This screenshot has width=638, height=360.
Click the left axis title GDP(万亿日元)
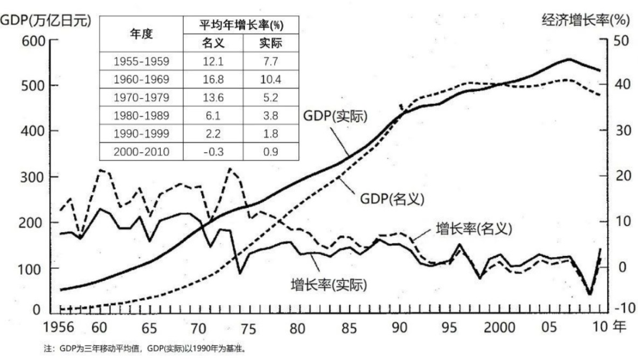pyautogui.click(x=46, y=20)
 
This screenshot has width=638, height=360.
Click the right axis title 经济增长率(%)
pyautogui.click(x=585, y=20)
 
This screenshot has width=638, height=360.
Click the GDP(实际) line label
pyautogui.click(x=336, y=116)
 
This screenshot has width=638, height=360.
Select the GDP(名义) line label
pyautogui.click(x=392, y=199)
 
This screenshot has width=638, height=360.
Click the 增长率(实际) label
pyautogui.click(x=329, y=285)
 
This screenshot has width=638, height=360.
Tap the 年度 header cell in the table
pyautogui.click(x=141, y=34)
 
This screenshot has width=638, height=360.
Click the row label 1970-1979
pyautogui.click(x=141, y=97)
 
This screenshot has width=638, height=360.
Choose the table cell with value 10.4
pyautogui.click(x=271, y=79)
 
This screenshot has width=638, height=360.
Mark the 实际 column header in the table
pyautogui.click(x=271, y=43)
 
